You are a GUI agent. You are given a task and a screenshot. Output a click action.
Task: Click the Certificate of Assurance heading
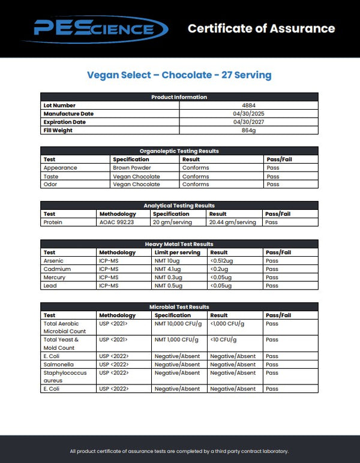pos(261,28)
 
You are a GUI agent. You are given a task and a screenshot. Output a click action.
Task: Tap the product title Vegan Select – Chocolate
pos(179,75)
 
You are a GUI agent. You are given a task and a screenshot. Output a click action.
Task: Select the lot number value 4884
pos(248,106)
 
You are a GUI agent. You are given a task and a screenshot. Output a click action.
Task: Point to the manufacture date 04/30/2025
pos(248,114)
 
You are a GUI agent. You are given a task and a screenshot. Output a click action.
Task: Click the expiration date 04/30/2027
pos(248,122)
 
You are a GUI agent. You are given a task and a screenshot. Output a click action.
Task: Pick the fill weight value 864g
pos(248,130)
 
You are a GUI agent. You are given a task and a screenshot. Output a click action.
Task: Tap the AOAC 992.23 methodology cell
pos(116,222)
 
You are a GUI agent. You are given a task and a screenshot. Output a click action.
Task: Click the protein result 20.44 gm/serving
pos(232,222)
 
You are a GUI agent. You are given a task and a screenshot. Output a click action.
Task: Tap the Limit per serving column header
pos(177,252)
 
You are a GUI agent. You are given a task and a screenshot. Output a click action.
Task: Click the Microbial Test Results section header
pos(179,307)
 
